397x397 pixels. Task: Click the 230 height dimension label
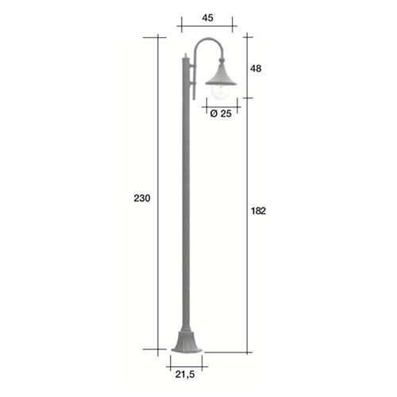click(142, 198)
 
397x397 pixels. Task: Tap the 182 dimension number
click(258, 211)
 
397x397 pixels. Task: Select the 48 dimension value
click(256, 68)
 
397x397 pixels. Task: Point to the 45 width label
click(207, 18)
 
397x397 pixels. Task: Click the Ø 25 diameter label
click(221, 114)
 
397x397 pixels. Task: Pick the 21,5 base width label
click(185, 374)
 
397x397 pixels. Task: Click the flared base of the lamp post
click(187, 341)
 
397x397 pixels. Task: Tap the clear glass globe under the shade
click(221, 92)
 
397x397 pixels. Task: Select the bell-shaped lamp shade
click(222, 75)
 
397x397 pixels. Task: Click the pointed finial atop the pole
click(186, 56)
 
